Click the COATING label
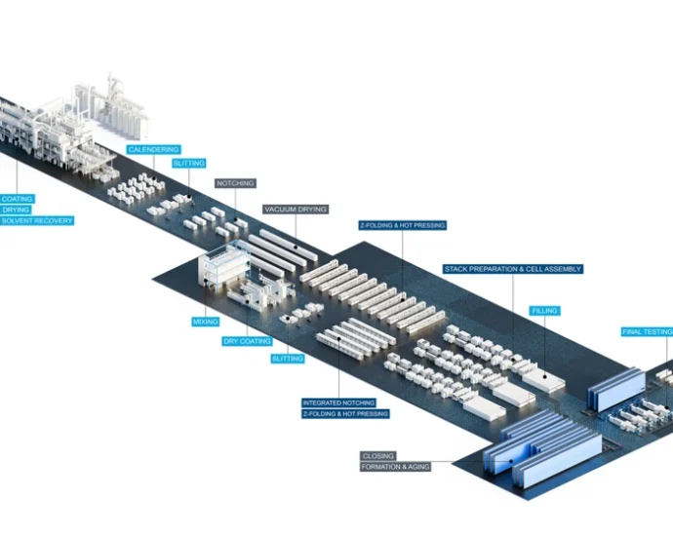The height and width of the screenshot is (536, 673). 17,199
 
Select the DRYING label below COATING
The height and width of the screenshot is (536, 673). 16,210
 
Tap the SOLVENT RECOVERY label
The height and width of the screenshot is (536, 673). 36,221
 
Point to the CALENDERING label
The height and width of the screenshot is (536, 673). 154,150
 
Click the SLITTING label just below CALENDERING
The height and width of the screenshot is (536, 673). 188,164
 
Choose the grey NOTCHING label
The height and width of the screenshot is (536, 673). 235,183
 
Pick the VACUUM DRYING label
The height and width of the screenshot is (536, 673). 296,210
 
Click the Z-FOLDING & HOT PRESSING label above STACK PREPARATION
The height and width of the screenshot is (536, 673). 402,225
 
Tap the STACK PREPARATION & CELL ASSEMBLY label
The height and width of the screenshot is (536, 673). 512,269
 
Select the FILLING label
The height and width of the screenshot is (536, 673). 544,311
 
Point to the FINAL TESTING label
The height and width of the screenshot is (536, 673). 647,332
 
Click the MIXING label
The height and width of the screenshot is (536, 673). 206,322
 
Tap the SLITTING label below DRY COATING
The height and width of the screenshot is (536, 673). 288,359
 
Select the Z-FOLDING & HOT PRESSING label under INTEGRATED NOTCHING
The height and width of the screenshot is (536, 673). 345,414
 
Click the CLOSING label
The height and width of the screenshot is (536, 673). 378,456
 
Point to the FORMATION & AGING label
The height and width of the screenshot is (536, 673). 395,468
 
